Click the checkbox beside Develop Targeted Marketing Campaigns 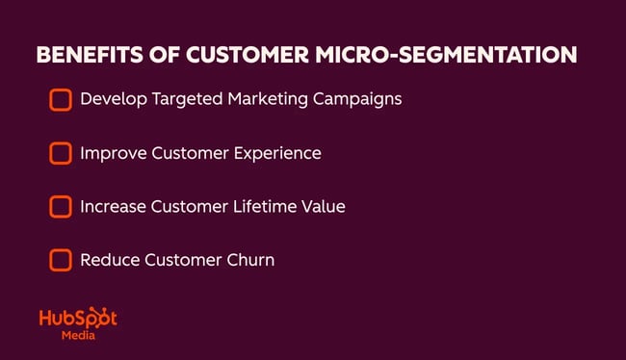(60, 99)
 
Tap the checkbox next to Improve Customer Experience (60, 153)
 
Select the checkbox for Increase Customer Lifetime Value (60, 206)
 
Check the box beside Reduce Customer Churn (60, 260)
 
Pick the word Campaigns (357, 99)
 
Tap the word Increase (112, 206)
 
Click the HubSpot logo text (77, 320)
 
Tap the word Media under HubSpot (77, 337)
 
